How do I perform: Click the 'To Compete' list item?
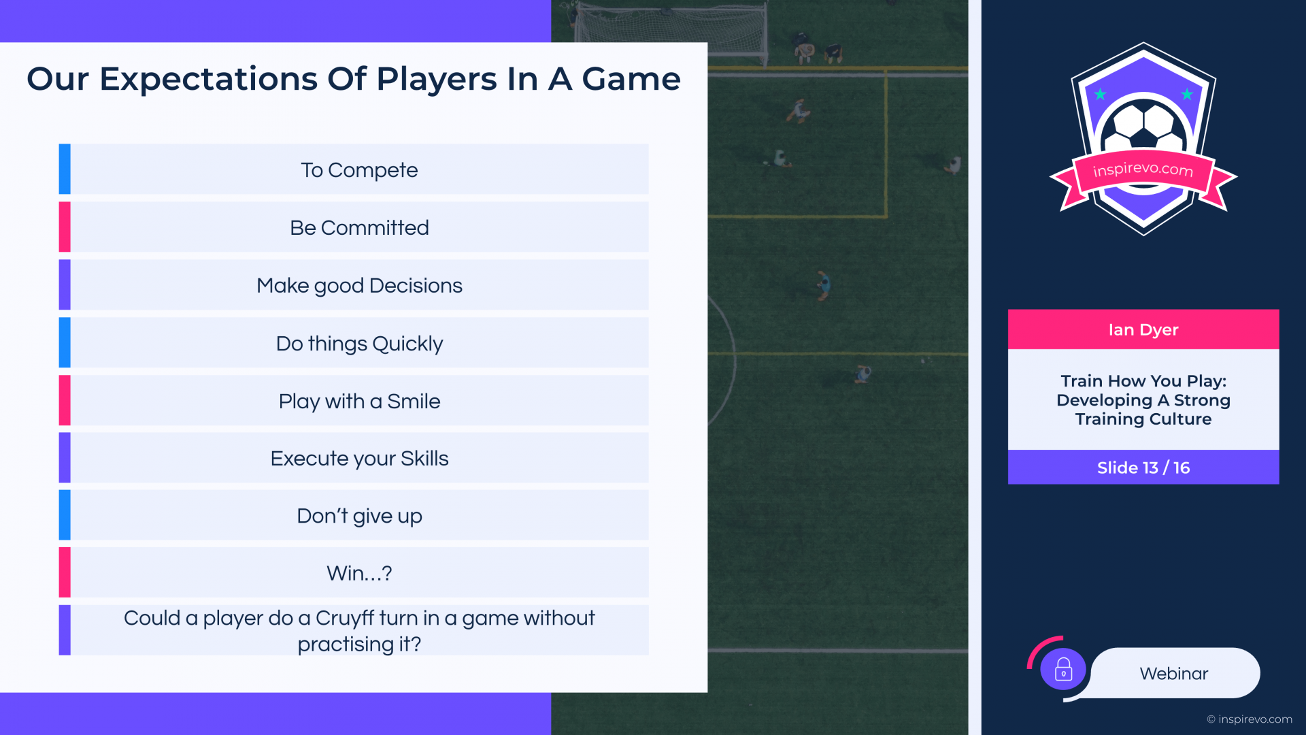359,169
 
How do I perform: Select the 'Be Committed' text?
359,227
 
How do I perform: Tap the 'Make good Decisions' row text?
359,286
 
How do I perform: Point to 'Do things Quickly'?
359,344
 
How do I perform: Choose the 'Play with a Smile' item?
359,402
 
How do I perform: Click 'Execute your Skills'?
359,459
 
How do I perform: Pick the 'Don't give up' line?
359,516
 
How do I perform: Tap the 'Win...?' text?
359,573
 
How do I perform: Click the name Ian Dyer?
1143,330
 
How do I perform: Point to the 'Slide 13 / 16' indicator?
1143,468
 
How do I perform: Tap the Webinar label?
1174,674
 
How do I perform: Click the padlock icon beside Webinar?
1063,670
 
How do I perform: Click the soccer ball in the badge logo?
1143,127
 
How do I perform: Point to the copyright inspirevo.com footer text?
1250,719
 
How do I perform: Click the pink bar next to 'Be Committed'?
65,227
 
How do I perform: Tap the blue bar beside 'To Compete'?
65,169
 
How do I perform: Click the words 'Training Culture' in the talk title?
1143,419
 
